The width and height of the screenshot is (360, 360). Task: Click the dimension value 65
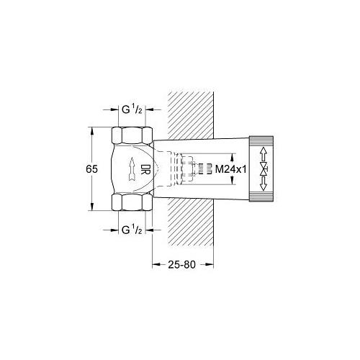92,169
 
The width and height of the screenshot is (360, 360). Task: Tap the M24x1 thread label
231,170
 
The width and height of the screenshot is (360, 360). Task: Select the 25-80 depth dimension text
181,264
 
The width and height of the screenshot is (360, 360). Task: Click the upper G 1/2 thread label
132,109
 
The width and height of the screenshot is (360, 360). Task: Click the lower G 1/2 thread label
132,230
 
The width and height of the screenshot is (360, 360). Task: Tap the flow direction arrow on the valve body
132,169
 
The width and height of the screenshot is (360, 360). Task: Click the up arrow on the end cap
264,153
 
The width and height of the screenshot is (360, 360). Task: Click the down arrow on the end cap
264,184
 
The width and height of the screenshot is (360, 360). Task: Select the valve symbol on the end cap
264,169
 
